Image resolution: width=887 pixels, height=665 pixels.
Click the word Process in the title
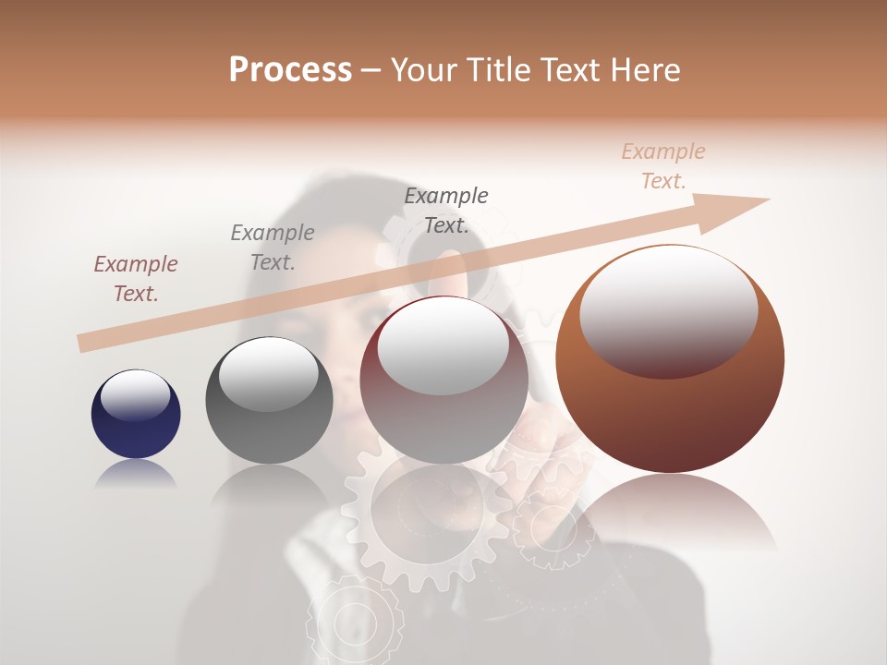pyautogui.click(x=290, y=70)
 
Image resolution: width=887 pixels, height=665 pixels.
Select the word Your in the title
pyautogui.click(x=426, y=70)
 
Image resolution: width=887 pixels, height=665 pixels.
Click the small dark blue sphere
pyautogui.click(x=136, y=427)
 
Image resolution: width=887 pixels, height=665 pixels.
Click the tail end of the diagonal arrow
pyautogui.click(x=83, y=343)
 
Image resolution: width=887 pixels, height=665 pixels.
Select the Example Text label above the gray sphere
pyautogui.click(x=273, y=248)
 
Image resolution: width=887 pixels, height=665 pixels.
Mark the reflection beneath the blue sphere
pyautogui.click(x=136, y=474)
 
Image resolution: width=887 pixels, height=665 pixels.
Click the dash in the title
pyautogui.click(x=371, y=70)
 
